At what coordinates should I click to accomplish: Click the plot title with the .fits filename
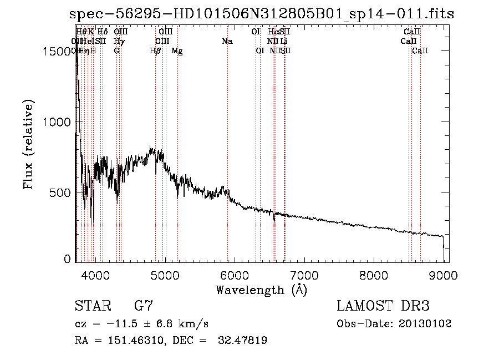262,14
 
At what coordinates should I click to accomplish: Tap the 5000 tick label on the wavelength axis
165,275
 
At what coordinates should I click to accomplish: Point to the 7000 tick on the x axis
304,275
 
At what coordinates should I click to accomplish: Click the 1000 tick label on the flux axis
60,122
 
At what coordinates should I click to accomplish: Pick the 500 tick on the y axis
64,192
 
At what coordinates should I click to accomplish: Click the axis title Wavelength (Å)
261,290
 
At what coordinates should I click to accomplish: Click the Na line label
227,41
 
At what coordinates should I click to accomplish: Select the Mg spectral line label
177,51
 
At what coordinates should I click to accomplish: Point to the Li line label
283,41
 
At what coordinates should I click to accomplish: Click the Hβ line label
156,51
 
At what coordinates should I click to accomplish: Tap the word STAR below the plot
93,306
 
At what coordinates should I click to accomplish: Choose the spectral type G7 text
143,306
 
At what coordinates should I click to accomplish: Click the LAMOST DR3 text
383,306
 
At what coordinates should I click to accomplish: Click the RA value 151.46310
130,341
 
